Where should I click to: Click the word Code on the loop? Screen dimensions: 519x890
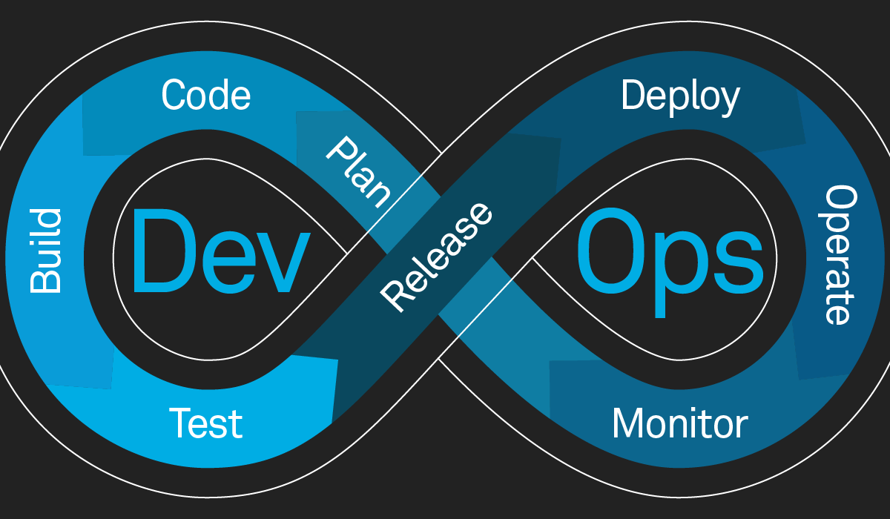click(x=206, y=96)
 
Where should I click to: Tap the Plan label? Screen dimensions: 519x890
click(x=358, y=172)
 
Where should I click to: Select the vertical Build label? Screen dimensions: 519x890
click(x=45, y=251)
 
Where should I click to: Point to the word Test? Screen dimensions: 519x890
click(x=205, y=423)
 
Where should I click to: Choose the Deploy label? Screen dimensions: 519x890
click(x=680, y=97)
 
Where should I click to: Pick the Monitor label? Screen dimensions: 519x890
click(x=679, y=423)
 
